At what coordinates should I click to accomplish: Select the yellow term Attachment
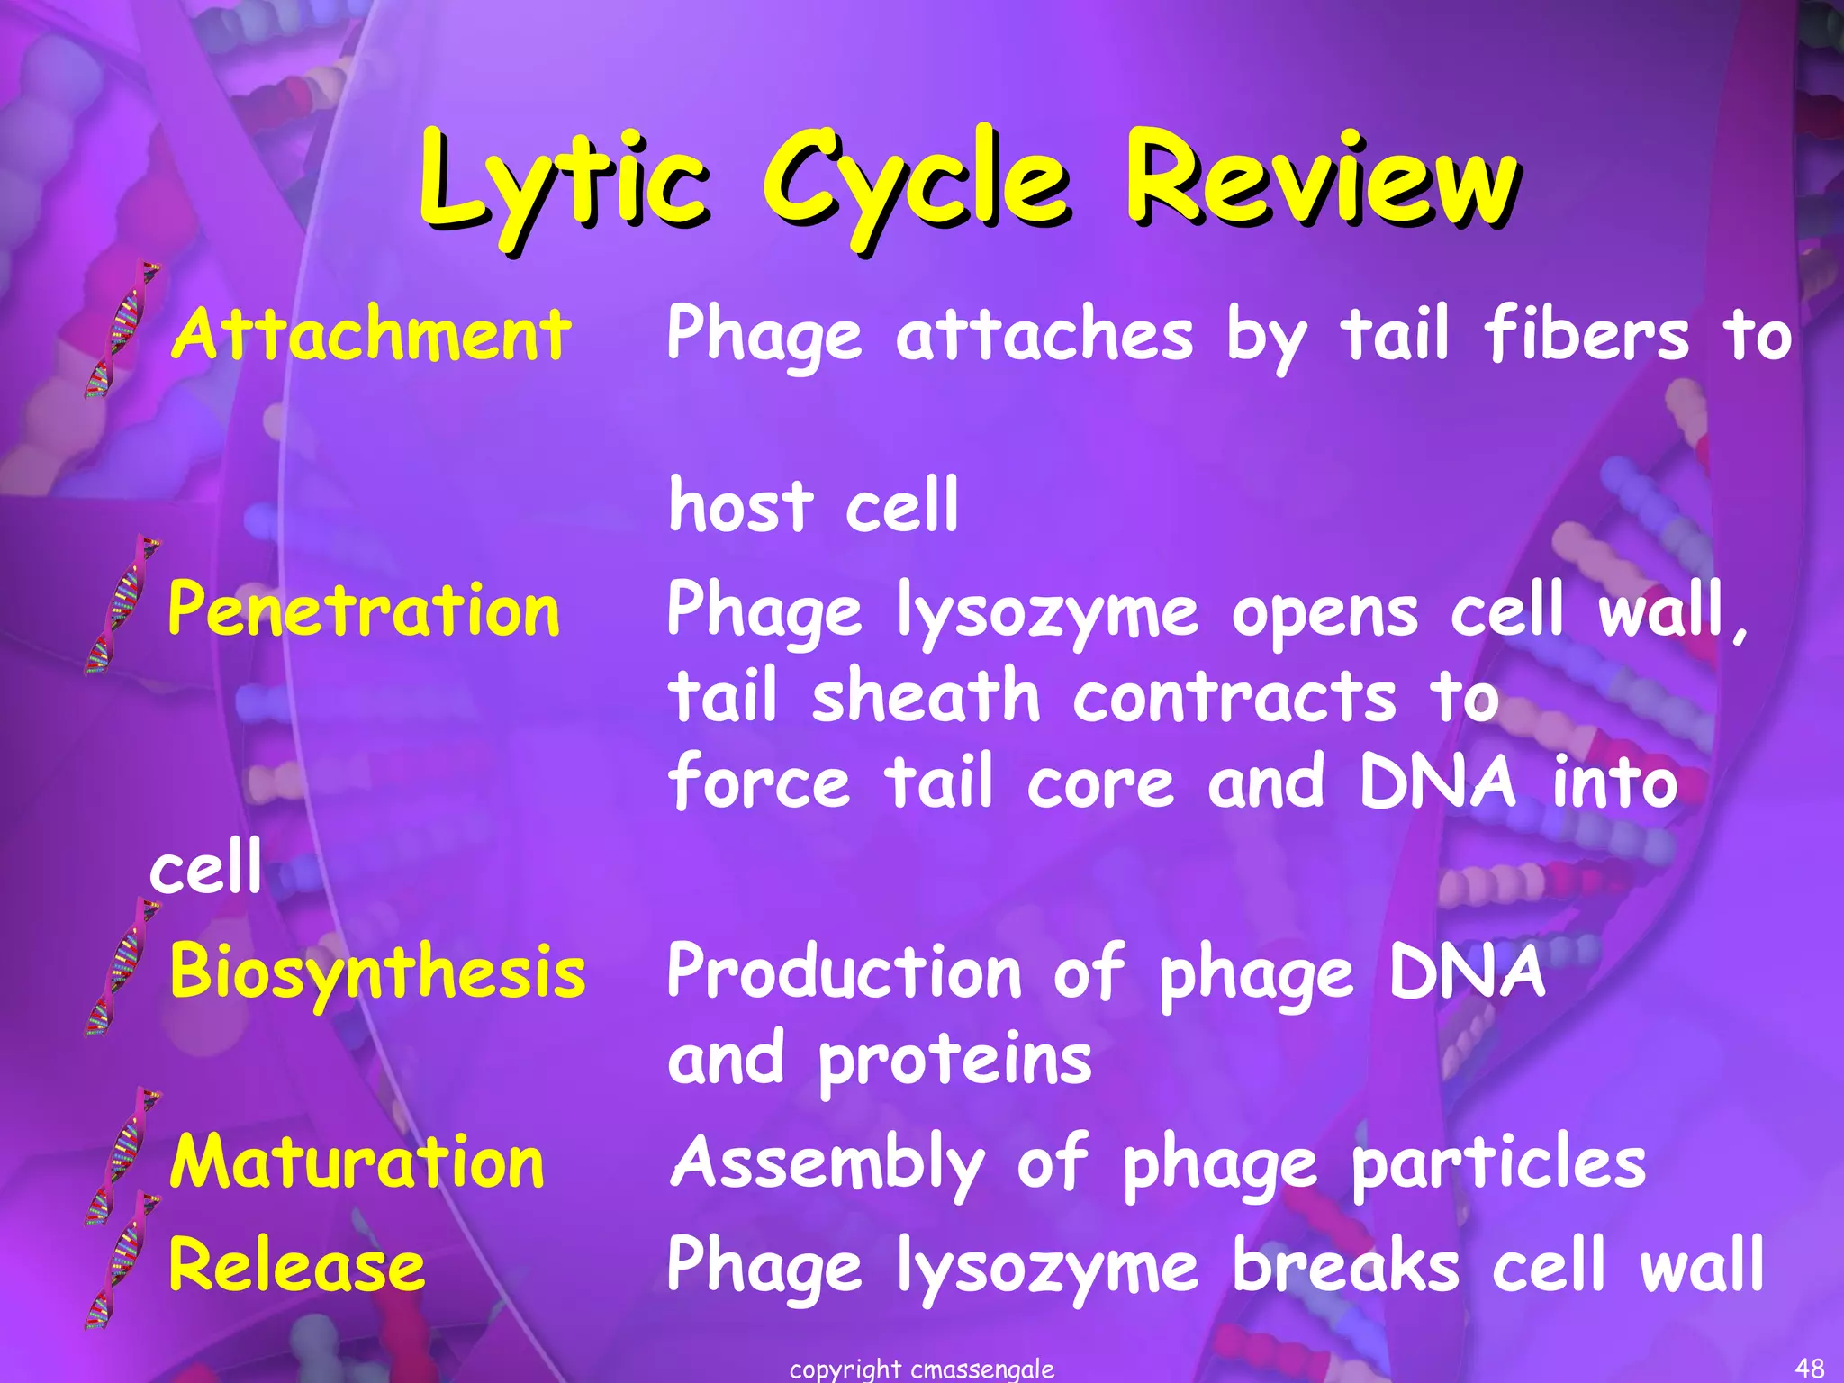371,335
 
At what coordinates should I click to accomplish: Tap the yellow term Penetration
364,610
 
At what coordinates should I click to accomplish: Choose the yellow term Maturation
357,1162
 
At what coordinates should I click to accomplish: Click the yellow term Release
297,1265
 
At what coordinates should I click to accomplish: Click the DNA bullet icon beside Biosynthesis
122,968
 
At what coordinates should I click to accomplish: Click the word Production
845,972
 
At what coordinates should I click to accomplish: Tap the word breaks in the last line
1345,1265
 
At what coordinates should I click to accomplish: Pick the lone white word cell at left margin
205,866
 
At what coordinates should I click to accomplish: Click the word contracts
1234,696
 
